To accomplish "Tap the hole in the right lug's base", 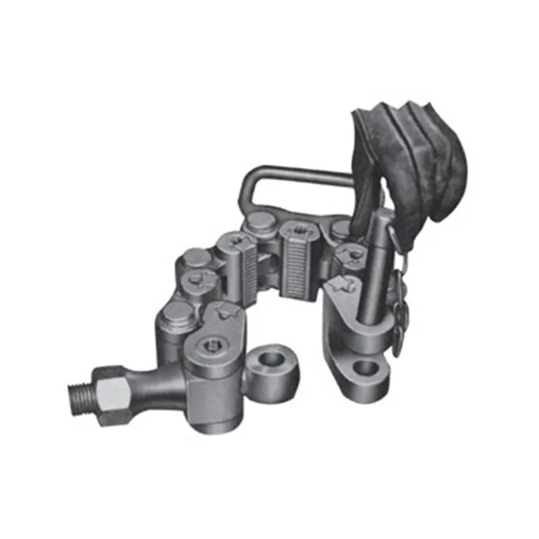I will (367, 369).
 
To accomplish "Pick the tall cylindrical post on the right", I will (374, 269).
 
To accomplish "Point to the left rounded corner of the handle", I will (247, 185).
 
